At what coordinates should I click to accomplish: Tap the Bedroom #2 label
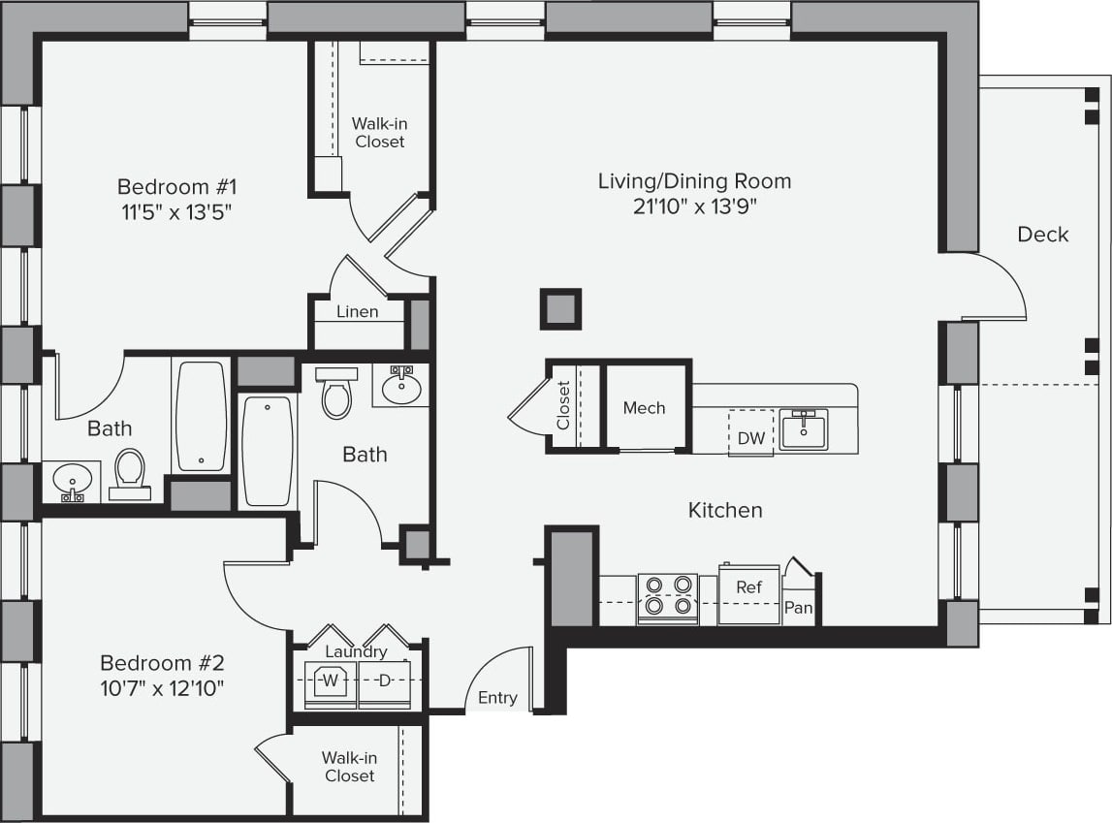[162, 663]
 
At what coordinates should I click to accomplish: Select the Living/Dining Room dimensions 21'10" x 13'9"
[693, 206]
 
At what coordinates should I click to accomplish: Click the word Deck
[1043, 235]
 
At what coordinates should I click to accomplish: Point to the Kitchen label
[725, 510]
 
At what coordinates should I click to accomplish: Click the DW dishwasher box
[751, 437]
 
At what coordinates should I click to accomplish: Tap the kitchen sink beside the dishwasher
[804, 429]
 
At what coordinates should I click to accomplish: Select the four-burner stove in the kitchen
[667, 596]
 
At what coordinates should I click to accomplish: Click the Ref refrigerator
[748, 587]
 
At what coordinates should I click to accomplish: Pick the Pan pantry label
[798, 609]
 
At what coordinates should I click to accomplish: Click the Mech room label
[645, 408]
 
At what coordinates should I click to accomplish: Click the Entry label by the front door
[497, 698]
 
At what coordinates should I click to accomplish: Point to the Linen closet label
[357, 312]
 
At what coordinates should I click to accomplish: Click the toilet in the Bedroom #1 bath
[129, 474]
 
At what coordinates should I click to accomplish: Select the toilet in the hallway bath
[336, 393]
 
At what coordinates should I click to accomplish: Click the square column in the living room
[560, 309]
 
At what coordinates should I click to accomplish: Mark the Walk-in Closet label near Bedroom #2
[350, 767]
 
